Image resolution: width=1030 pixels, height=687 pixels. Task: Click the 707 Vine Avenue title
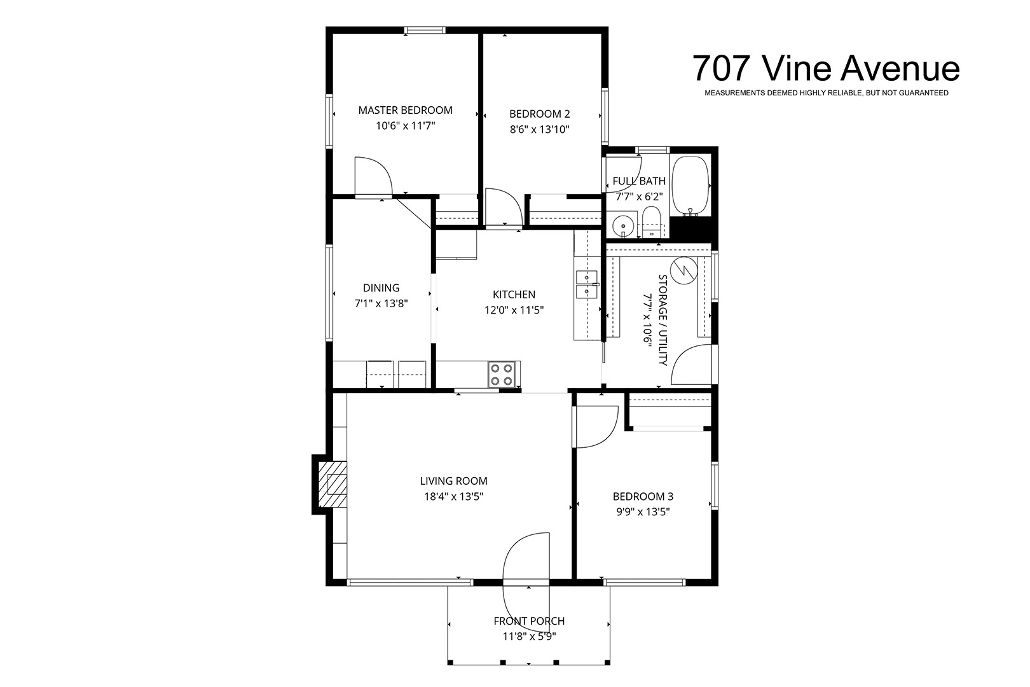point(826,69)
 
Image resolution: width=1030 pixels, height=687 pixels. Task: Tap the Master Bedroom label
point(405,110)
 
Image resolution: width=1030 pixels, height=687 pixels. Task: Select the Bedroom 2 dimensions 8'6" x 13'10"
point(539,129)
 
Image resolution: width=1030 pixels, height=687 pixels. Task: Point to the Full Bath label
point(639,181)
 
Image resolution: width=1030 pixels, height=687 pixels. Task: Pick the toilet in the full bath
point(651,222)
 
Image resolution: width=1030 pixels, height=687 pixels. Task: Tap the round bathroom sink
point(623,226)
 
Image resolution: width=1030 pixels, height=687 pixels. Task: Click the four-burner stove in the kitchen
point(502,375)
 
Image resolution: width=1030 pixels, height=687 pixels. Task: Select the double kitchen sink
point(587,284)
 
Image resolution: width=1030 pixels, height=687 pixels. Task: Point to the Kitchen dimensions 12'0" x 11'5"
point(514,310)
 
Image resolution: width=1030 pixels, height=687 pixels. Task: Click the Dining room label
point(381,288)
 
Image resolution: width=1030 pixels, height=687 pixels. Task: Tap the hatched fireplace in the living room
point(333,484)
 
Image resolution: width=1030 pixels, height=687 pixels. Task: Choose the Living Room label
point(453,481)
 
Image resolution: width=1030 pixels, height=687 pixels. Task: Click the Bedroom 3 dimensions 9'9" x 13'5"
point(643,511)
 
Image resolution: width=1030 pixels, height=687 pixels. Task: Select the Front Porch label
point(529,621)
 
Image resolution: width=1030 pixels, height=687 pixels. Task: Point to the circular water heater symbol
point(683,270)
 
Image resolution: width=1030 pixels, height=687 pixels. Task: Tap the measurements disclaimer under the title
point(827,93)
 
